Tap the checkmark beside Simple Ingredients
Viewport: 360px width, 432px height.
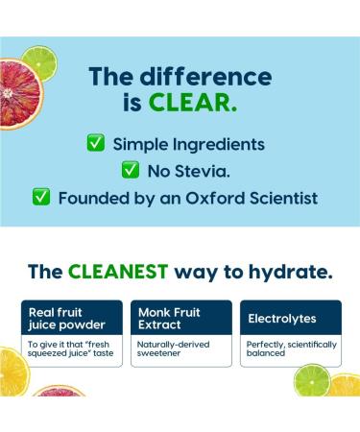97,143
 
